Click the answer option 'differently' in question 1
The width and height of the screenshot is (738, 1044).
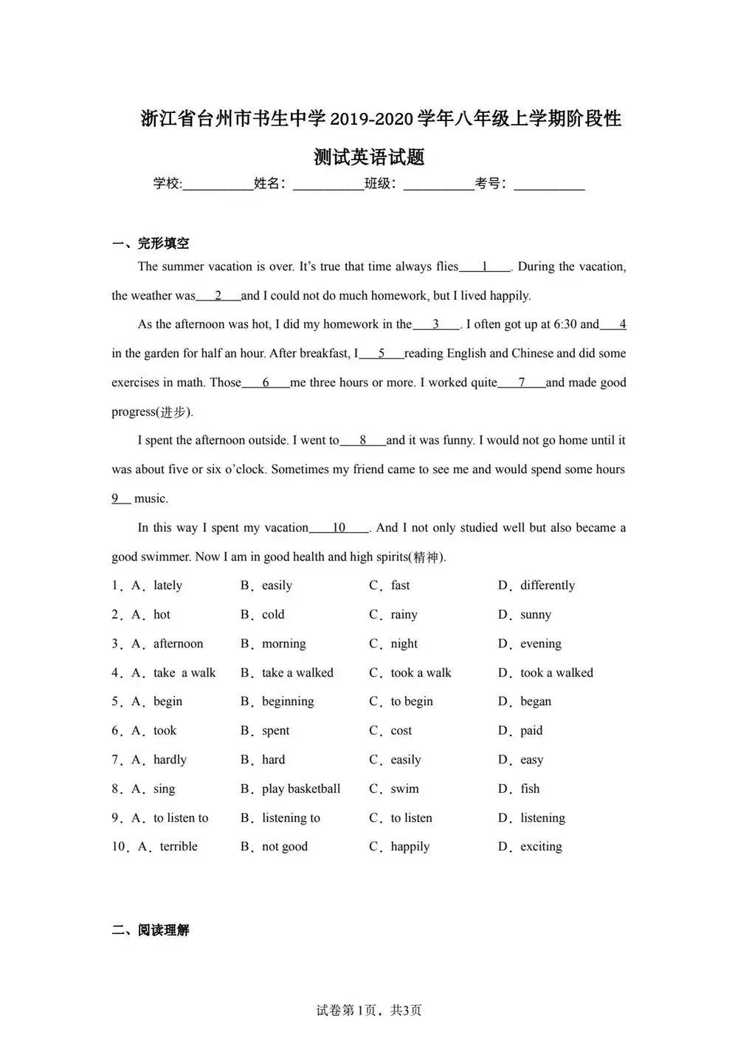547,585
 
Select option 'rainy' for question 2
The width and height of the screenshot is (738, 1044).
404,614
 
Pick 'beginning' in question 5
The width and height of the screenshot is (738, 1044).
288,701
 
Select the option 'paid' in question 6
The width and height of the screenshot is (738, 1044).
531,730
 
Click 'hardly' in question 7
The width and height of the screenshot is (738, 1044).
170,760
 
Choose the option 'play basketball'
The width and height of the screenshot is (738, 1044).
301,789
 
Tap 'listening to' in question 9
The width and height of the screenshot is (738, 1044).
291,818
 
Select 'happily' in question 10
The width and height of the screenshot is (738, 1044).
410,847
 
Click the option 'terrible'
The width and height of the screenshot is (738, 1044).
179,847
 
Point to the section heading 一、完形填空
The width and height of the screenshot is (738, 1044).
151,243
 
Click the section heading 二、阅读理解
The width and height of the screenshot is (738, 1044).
151,930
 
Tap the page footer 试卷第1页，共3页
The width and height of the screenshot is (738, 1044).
369,1010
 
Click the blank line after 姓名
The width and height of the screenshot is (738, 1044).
328,185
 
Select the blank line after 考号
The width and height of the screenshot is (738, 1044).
549,185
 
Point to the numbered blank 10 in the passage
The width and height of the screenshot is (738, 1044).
339,528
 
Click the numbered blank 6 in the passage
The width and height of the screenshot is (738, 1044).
266,382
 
